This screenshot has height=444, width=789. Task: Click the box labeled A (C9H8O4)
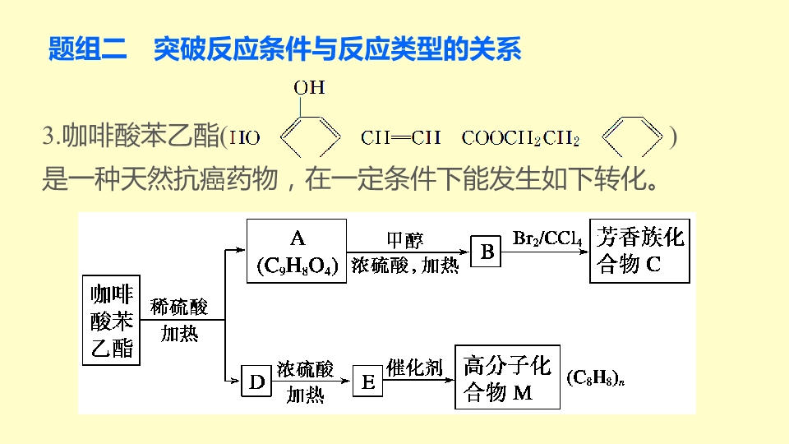297,252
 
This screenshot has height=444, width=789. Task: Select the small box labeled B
487,252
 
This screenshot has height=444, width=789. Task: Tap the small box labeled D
256,382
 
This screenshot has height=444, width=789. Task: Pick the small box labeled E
368,382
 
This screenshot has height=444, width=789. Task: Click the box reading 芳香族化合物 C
641,252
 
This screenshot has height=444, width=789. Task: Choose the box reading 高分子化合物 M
507,377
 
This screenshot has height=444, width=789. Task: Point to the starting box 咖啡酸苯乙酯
111,321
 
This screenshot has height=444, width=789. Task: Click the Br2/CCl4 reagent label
547,239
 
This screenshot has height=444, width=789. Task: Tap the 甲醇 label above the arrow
405,240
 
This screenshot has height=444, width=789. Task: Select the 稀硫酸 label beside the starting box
179,308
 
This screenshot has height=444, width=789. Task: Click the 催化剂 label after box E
415,367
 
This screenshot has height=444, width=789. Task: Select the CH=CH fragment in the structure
400,137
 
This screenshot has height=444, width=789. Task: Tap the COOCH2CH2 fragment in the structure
520,138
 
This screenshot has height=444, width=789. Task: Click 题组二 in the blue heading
88,49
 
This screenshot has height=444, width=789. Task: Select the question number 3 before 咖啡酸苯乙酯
48,137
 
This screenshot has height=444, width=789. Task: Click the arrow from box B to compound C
547,251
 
